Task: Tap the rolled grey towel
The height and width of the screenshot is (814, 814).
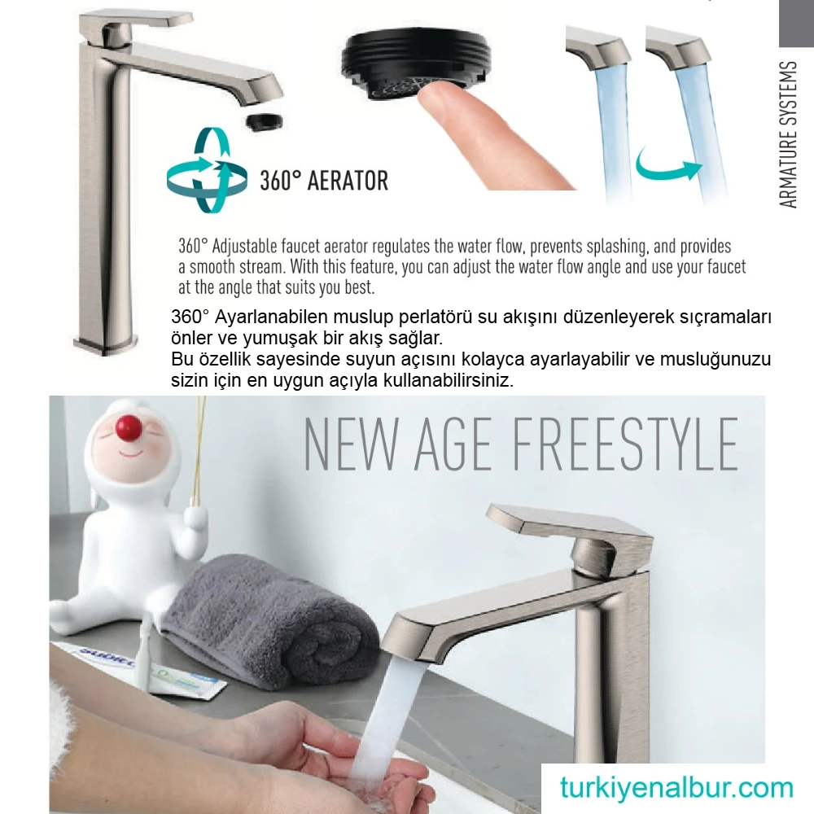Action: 270,622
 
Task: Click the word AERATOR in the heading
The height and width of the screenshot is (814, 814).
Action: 348,181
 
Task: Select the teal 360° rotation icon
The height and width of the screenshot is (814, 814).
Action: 207,170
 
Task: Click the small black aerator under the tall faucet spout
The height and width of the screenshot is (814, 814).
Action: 265,123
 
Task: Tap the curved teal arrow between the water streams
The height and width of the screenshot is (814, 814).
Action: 668,166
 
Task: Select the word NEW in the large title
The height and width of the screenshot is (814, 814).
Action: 351,445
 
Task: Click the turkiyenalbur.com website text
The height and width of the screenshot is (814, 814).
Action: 676,787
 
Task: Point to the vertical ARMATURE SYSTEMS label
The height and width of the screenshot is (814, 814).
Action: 788,134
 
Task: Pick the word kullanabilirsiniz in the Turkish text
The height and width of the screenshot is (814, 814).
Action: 448,380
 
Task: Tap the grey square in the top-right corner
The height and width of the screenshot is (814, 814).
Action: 796,24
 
